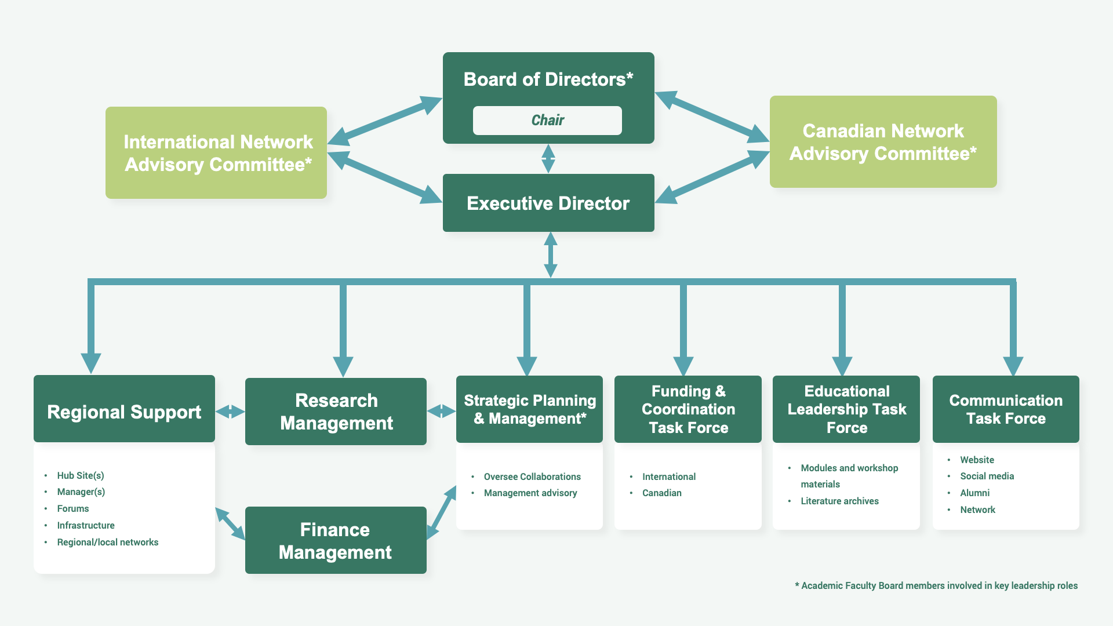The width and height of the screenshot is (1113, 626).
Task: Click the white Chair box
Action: point(547,120)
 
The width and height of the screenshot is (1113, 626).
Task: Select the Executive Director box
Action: point(548,203)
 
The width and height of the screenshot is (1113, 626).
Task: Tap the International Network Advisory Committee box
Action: point(216,152)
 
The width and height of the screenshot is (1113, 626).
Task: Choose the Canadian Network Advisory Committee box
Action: point(883,141)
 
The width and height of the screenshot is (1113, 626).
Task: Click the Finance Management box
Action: point(336,540)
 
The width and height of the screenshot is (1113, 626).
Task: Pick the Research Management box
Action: point(336,412)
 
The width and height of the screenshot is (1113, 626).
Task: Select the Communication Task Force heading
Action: point(1006,409)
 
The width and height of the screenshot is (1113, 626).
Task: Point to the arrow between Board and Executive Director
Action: point(548,159)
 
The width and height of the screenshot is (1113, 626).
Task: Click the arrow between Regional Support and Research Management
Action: point(230,412)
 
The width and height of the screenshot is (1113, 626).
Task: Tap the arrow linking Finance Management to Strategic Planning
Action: point(442,513)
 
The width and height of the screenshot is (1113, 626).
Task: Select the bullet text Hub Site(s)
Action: point(81,475)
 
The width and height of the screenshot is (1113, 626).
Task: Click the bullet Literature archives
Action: point(839,501)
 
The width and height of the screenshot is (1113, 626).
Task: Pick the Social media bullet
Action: point(987,476)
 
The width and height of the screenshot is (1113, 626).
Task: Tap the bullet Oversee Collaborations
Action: point(532,476)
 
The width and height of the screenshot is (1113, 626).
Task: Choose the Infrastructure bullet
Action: point(86,525)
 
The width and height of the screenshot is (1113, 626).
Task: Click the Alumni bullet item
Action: point(975,493)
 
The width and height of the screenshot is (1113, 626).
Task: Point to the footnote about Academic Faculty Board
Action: point(936,585)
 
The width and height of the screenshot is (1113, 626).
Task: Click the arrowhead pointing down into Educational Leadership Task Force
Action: point(842,366)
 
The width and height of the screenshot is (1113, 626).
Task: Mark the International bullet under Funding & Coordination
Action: point(669,476)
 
